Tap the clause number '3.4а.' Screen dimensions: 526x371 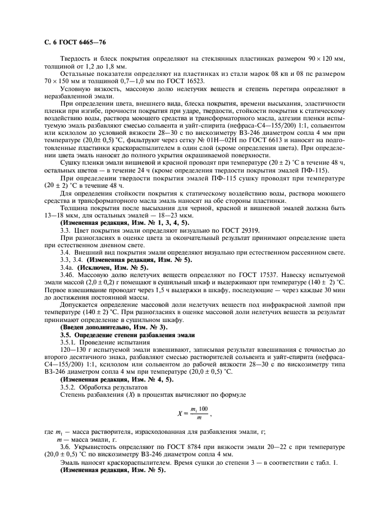point(68,267)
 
